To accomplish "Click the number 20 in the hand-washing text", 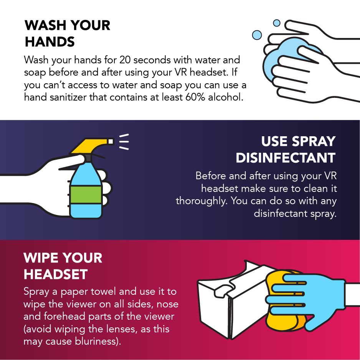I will point(126,60).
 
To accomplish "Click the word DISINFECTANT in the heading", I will point(286,157).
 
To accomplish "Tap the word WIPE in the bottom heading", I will point(42,258).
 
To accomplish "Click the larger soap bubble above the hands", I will point(257,35).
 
